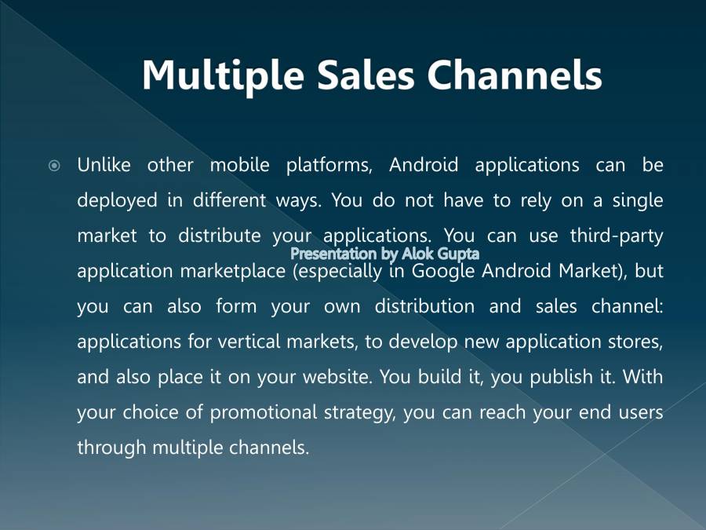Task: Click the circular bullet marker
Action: click(54, 166)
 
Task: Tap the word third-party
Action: click(617, 236)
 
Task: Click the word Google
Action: click(445, 271)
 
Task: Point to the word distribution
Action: click(424, 306)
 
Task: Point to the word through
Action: click(111, 448)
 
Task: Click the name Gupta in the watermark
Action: click(452, 254)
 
